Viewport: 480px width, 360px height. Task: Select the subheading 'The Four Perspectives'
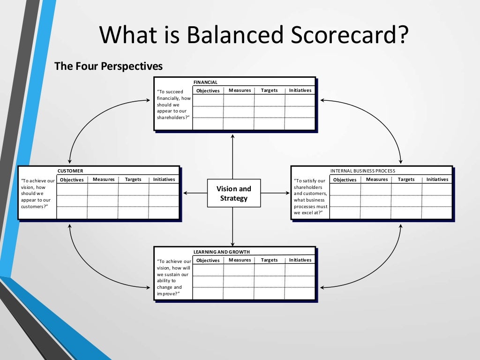pyautogui.click(x=108, y=66)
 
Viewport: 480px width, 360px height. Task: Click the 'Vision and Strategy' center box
pyautogui.click(x=233, y=193)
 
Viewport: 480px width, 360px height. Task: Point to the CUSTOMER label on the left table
pyautogui.click(x=70, y=171)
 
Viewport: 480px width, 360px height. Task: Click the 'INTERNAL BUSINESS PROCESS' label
pyautogui.click(x=362, y=171)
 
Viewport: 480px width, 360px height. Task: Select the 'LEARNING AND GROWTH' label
pyautogui.click(x=221, y=252)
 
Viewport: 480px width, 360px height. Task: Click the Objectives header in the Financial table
pyautogui.click(x=208, y=90)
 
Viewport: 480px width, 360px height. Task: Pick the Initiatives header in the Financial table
pyautogui.click(x=300, y=90)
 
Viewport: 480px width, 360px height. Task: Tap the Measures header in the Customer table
pyautogui.click(x=104, y=180)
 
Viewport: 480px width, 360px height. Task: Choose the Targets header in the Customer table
pyautogui.click(x=133, y=180)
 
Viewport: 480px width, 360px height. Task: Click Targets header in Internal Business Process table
pyautogui.click(x=406, y=180)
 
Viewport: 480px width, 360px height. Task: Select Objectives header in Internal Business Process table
pyautogui.click(x=345, y=180)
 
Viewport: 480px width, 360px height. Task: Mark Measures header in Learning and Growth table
pyautogui.click(x=240, y=260)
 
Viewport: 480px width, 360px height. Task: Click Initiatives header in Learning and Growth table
pyautogui.click(x=300, y=260)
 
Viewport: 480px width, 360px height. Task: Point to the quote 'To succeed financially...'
pyautogui.click(x=173, y=105)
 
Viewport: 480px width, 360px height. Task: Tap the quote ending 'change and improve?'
pyautogui.click(x=174, y=277)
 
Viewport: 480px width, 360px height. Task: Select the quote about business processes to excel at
pyautogui.click(x=311, y=196)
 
